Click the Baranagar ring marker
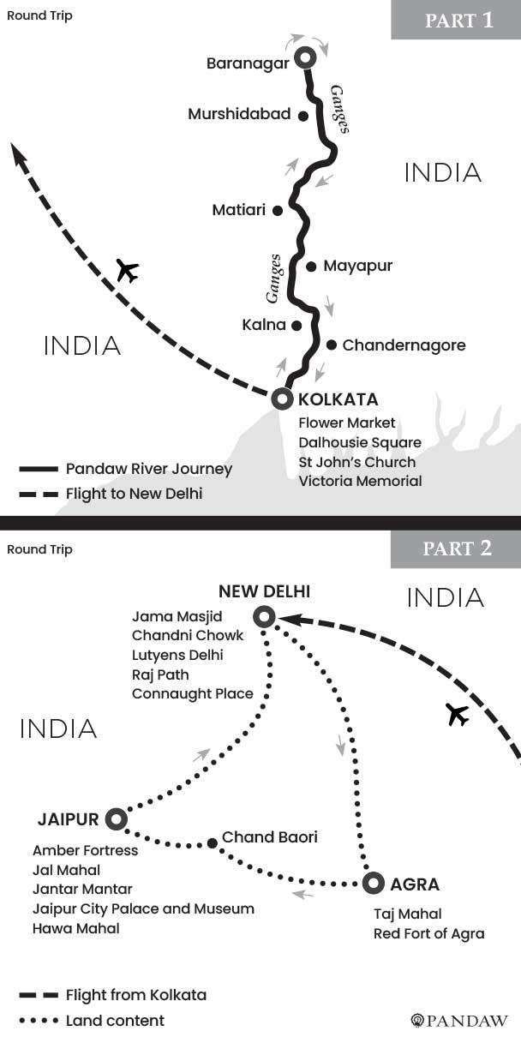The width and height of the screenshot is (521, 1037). (305, 57)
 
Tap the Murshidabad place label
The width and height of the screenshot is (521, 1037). (239, 114)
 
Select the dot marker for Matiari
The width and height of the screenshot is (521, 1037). (277, 209)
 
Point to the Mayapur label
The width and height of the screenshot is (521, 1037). (357, 266)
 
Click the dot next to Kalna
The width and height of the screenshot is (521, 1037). (296, 326)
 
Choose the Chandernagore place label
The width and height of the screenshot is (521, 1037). (404, 345)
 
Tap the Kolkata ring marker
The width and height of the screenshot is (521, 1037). (282, 399)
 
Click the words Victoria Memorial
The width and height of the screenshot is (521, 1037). (360, 481)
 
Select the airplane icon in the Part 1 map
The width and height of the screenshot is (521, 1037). (127, 271)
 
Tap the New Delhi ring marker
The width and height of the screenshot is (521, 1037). (265, 616)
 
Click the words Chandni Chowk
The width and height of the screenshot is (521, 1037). (188, 635)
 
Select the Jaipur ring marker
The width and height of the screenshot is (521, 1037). (116, 820)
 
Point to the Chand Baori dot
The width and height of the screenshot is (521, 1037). (212, 843)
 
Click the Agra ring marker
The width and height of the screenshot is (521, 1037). (372, 883)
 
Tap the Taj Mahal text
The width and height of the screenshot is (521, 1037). (408, 914)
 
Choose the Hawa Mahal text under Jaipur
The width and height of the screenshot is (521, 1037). (76, 928)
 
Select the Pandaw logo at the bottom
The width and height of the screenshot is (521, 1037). (460, 1020)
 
